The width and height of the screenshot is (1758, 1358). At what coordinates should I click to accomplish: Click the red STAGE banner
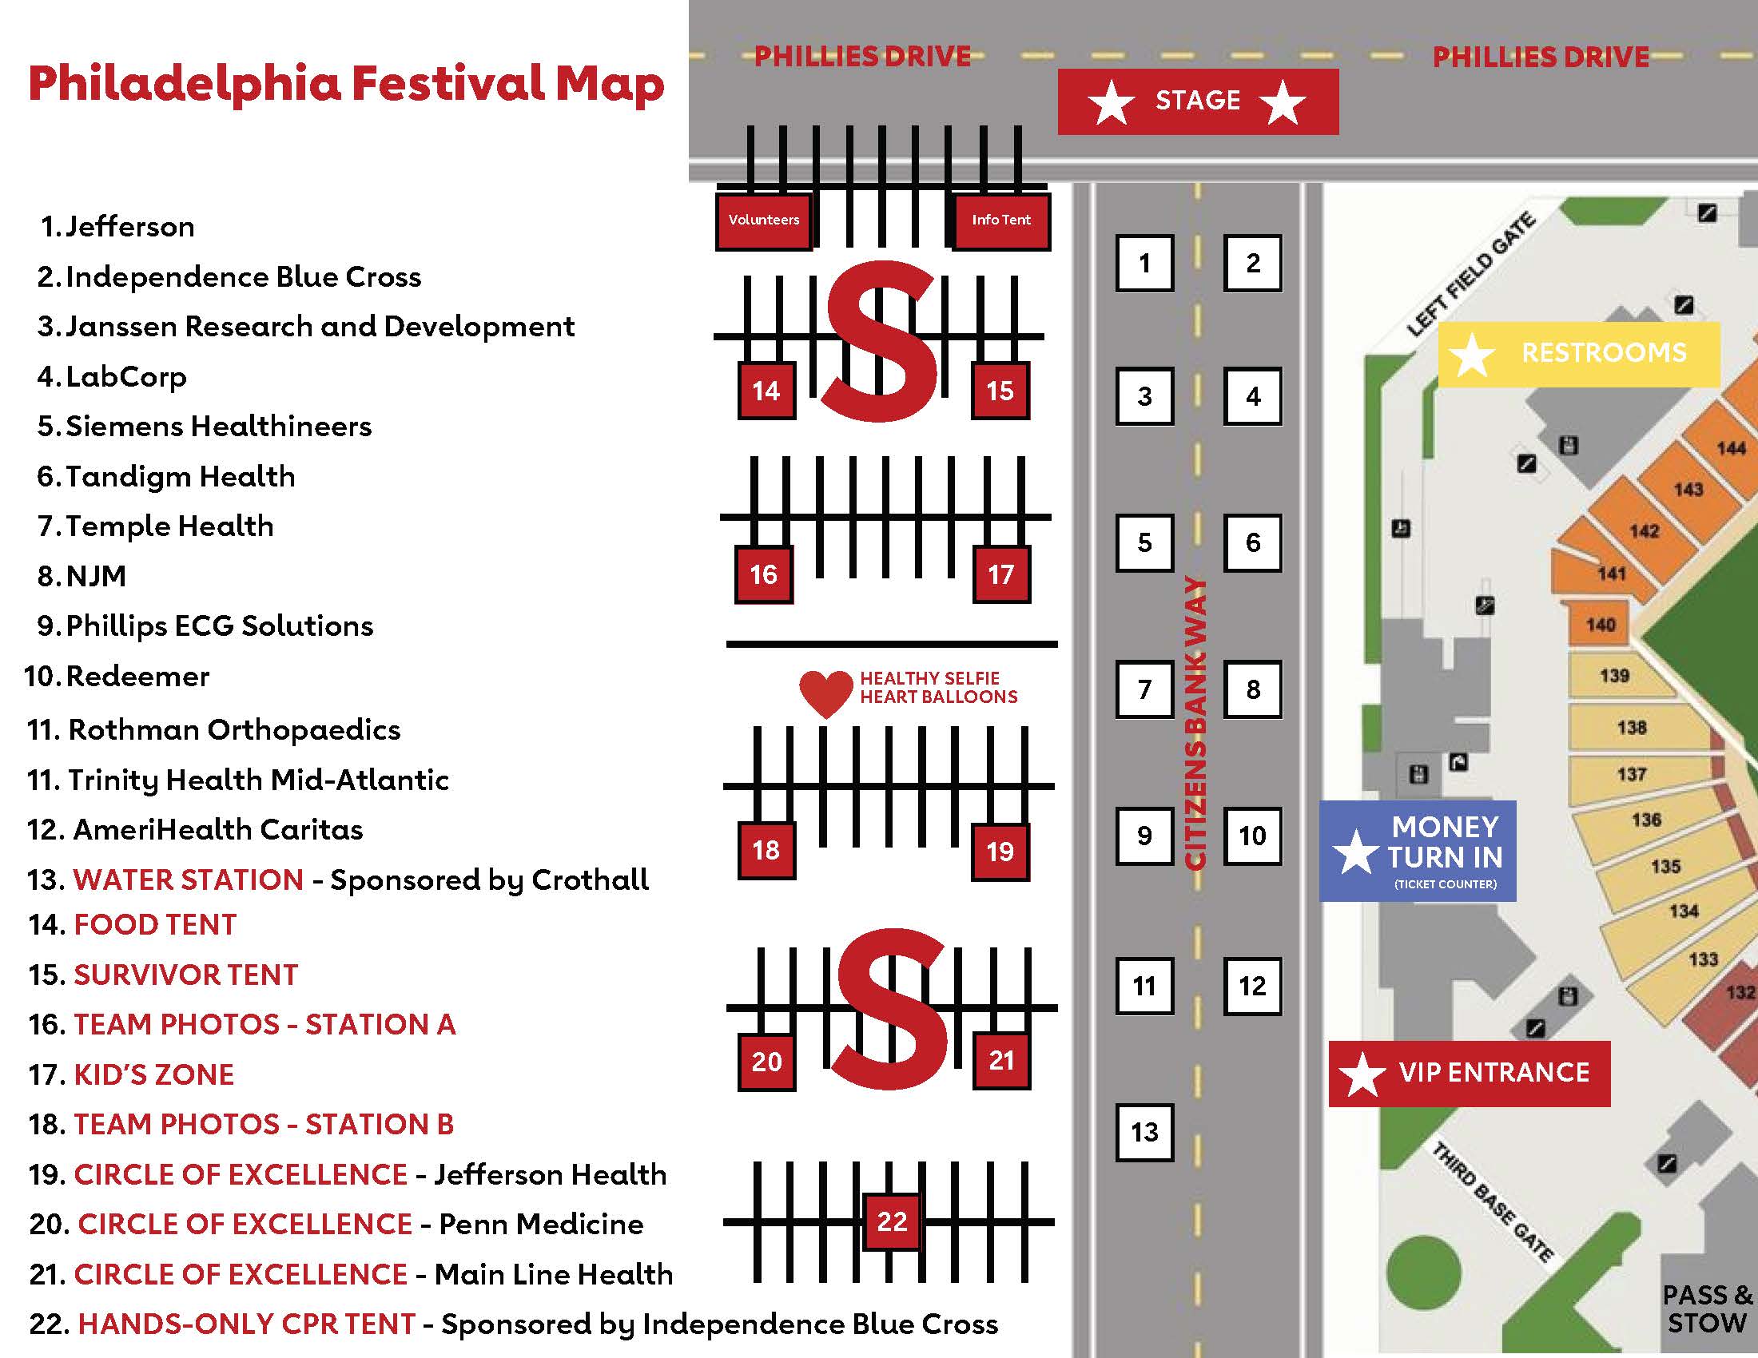[1198, 101]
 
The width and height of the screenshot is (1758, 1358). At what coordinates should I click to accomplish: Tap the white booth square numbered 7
[1143, 689]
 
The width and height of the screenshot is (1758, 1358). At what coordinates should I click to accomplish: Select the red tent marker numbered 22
[891, 1221]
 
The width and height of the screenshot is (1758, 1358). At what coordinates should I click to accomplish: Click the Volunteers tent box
[763, 220]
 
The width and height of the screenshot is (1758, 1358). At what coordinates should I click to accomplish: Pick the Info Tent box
[1000, 220]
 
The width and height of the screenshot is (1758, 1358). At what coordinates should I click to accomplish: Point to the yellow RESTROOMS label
[1578, 354]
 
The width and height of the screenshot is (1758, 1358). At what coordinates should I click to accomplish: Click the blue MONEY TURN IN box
[1418, 851]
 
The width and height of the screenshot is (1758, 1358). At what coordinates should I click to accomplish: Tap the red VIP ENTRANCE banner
[1469, 1073]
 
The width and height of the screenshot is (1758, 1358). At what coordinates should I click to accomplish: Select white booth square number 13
[1143, 1132]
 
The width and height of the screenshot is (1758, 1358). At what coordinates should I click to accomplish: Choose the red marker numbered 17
[1000, 574]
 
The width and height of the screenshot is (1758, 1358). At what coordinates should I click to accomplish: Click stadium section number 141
[1612, 574]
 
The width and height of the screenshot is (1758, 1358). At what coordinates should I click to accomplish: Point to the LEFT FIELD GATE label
[1470, 275]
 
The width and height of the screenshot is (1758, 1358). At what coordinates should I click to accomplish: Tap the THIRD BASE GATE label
[1491, 1202]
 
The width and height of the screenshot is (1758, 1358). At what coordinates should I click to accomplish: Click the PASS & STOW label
[1707, 1310]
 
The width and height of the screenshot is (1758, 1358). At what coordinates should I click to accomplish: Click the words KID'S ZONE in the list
[153, 1074]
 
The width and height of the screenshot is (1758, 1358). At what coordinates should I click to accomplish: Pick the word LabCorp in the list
[125, 376]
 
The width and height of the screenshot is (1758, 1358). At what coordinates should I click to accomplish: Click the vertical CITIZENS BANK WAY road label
[1196, 724]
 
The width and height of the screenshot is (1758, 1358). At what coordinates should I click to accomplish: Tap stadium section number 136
[1646, 820]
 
